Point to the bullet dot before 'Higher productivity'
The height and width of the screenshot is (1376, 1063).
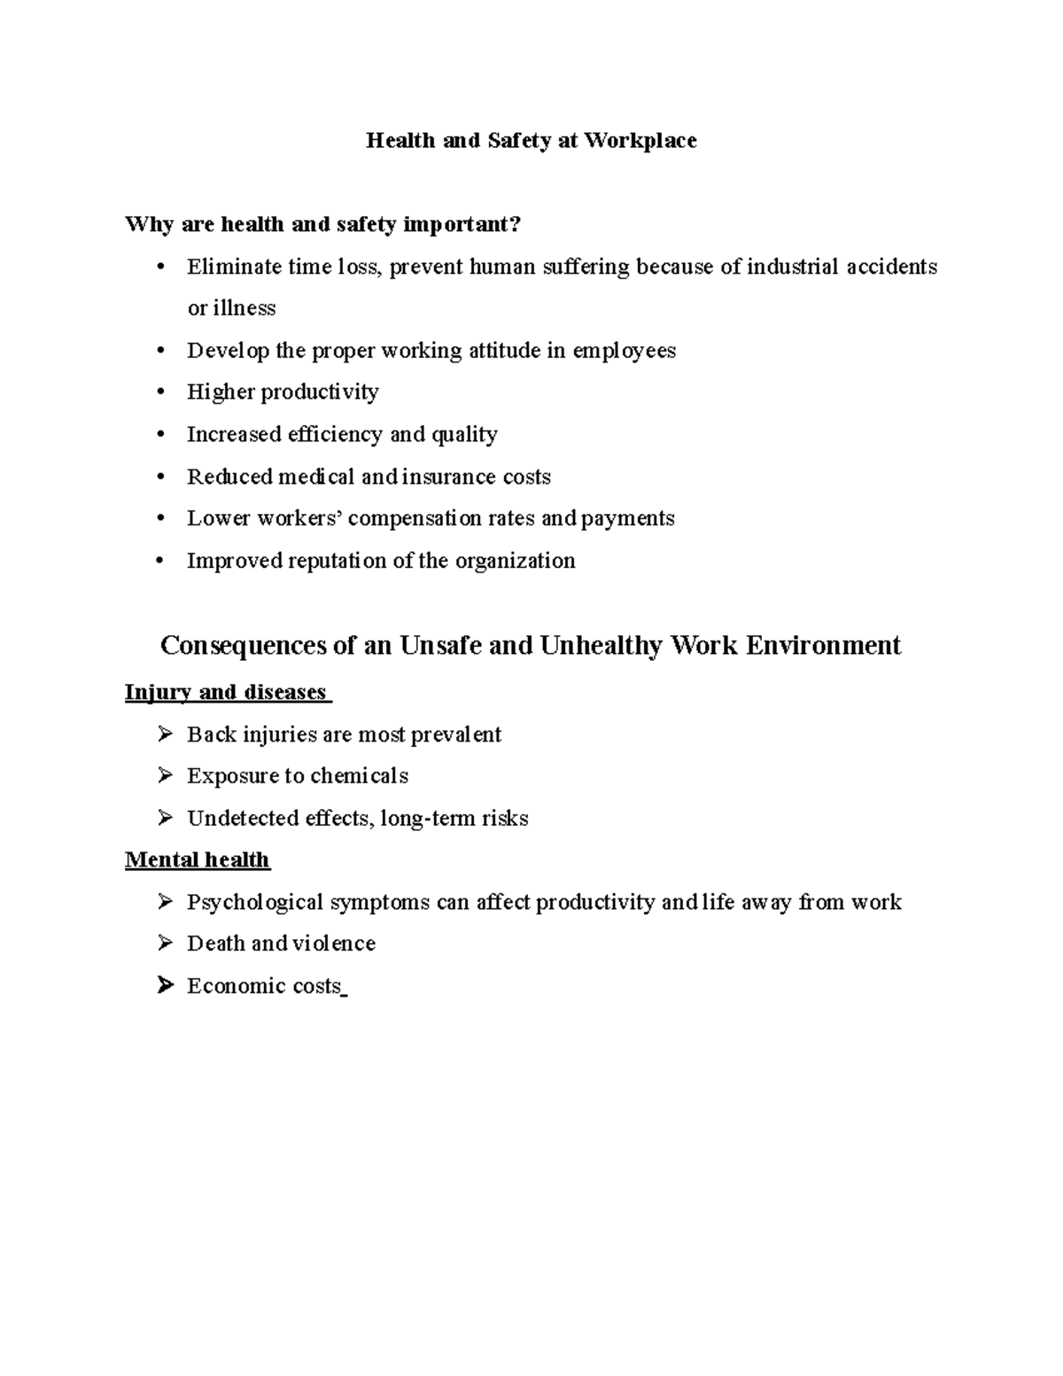(x=160, y=393)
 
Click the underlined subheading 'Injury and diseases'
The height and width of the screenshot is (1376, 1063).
(x=227, y=692)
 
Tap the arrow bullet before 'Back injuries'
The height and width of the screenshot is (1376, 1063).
(x=165, y=734)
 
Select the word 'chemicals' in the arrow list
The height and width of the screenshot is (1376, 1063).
(x=359, y=776)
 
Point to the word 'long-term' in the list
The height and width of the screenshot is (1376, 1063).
(x=427, y=818)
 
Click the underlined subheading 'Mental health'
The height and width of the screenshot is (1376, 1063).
(x=198, y=859)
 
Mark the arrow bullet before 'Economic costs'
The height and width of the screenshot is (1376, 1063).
(x=165, y=985)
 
